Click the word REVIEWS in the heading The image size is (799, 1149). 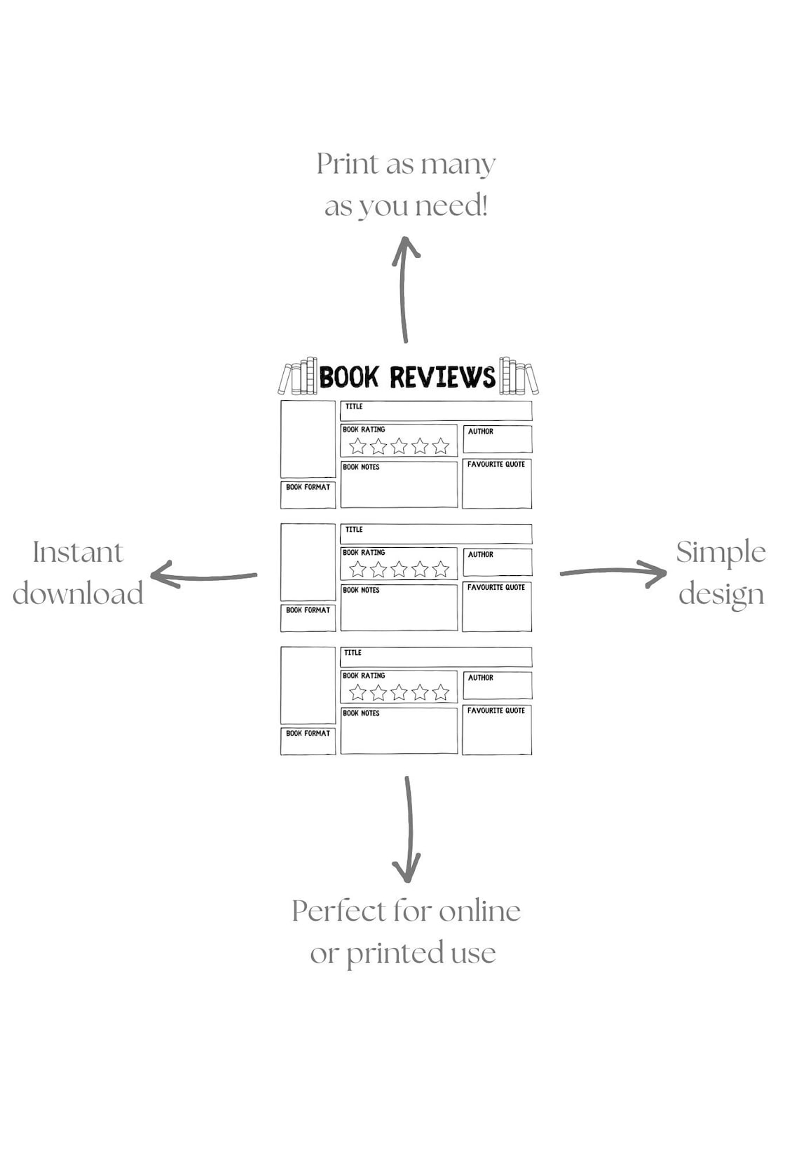click(442, 378)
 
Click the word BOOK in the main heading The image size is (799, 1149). click(348, 378)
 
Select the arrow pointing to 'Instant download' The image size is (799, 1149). click(203, 576)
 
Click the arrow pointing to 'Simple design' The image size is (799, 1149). click(613, 572)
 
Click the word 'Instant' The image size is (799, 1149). click(78, 552)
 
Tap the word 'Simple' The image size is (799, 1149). click(721, 552)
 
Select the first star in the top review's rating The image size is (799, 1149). click(357, 446)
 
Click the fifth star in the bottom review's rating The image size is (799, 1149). click(440, 692)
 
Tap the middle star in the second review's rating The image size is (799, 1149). click(399, 569)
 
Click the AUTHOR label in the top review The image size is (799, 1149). click(481, 432)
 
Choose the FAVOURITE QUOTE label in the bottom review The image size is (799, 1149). click(496, 710)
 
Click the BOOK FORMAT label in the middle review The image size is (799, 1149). click(308, 610)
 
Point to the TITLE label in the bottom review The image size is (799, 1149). click(353, 653)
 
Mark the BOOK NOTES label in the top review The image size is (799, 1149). click(361, 467)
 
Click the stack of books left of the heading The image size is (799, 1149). click(298, 378)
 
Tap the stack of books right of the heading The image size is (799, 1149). click(518, 378)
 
